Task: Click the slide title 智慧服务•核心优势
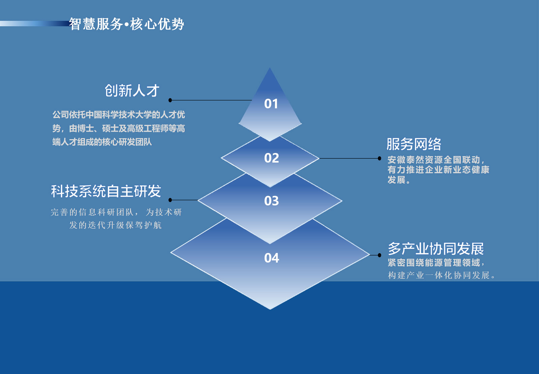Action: [127, 24]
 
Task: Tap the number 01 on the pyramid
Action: [271, 104]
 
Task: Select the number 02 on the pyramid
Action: [272, 158]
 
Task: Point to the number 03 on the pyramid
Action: [272, 201]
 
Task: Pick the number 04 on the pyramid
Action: [272, 258]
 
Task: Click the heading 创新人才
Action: [132, 91]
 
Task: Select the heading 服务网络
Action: [414, 144]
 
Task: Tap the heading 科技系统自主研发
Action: [106, 191]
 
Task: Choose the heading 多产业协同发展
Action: [436, 249]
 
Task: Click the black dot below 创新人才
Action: [170, 100]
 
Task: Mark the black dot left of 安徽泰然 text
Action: [379, 158]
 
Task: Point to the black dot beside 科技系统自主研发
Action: [170, 200]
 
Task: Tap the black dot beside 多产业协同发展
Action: [379, 255]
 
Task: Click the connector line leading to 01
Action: [211, 100]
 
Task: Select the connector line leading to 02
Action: [349, 158]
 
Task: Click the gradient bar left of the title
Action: [34, 23]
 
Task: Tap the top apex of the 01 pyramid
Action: [270, 68]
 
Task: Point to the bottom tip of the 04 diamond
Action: [270, 310]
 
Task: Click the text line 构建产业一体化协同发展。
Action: [441, 275]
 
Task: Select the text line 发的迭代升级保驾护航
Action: [116, 225]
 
